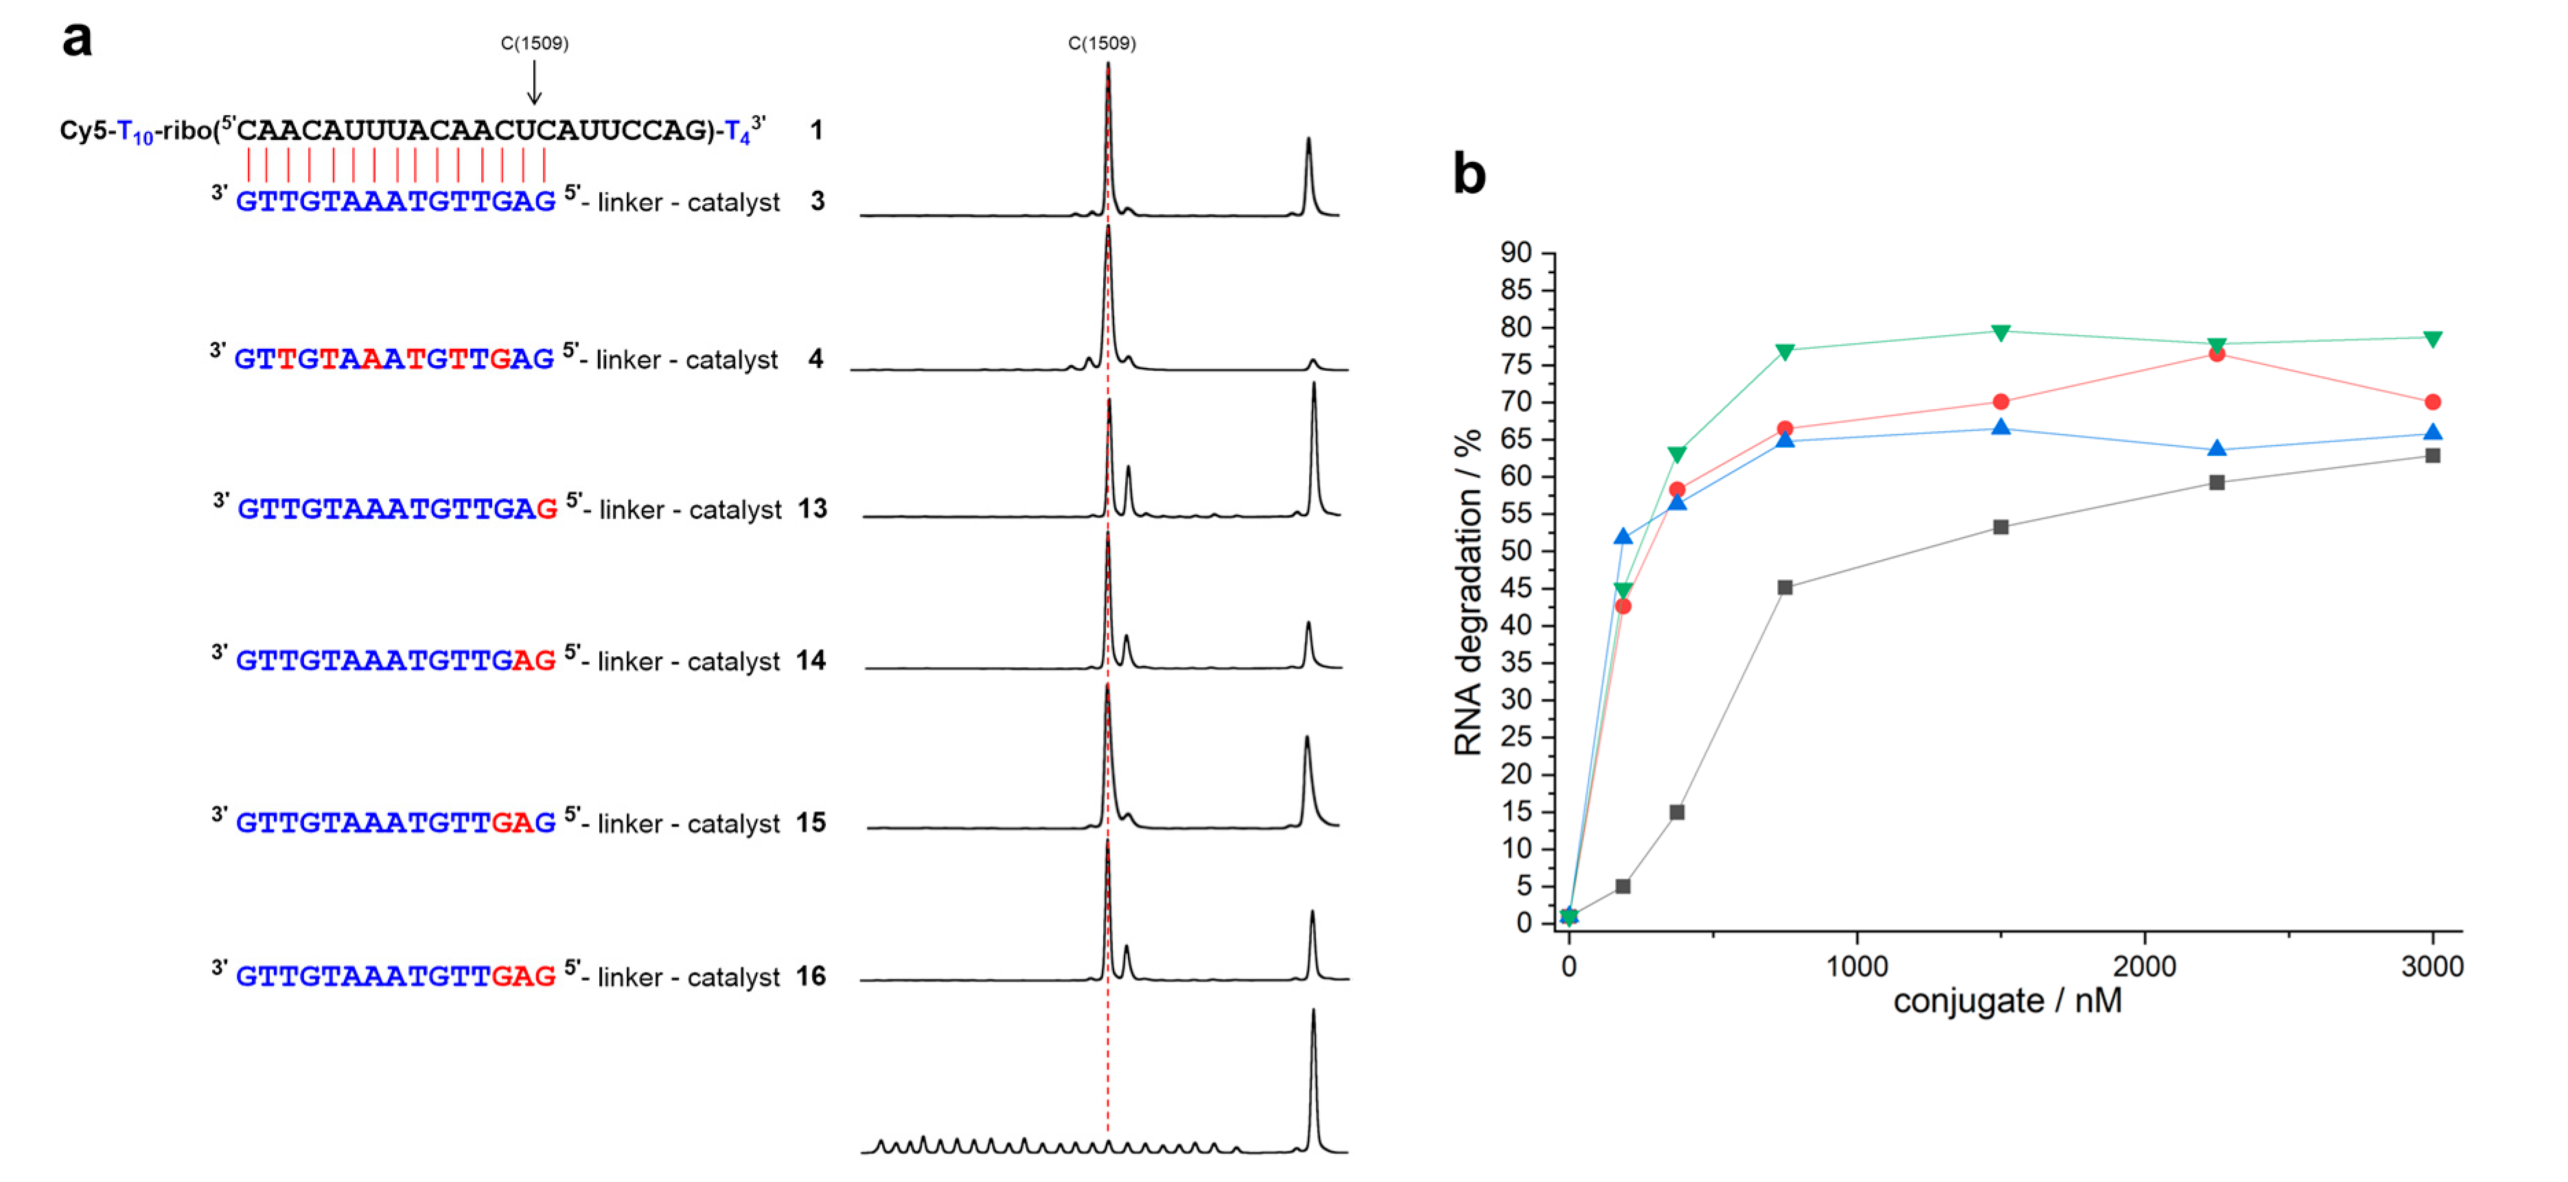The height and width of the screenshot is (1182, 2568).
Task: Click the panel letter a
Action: (x=77, y=40)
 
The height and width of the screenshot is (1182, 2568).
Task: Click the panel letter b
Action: (x=1468, y=174)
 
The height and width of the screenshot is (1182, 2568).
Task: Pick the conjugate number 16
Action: (x=811, y=977)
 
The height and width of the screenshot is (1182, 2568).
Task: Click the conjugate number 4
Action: (x=815, y=359)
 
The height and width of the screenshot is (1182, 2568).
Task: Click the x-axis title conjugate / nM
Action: (x=2006, y=1001)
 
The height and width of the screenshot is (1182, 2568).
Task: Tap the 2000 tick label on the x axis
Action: (x=2144, y=966)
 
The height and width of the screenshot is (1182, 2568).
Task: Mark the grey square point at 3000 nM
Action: (x=2432, y=456)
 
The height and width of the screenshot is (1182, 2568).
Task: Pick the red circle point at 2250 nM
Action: (x=2216, y=354)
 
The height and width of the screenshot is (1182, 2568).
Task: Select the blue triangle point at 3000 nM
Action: (x=2432, y=432)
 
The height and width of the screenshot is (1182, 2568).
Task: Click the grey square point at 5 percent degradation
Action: (x=1622, y=886)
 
